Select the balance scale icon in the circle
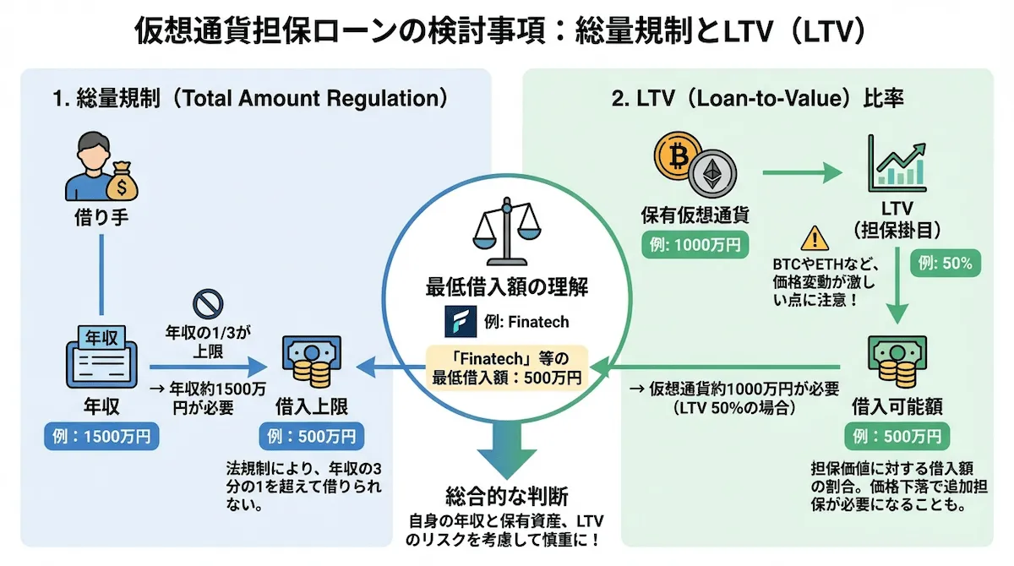coord(507,231)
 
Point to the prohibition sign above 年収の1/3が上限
coord(208,302)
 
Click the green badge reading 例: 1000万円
coord(695,246)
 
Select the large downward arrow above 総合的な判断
coord(507,447)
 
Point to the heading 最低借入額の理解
coord(507,286)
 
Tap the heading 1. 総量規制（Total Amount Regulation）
coord(248,98)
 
